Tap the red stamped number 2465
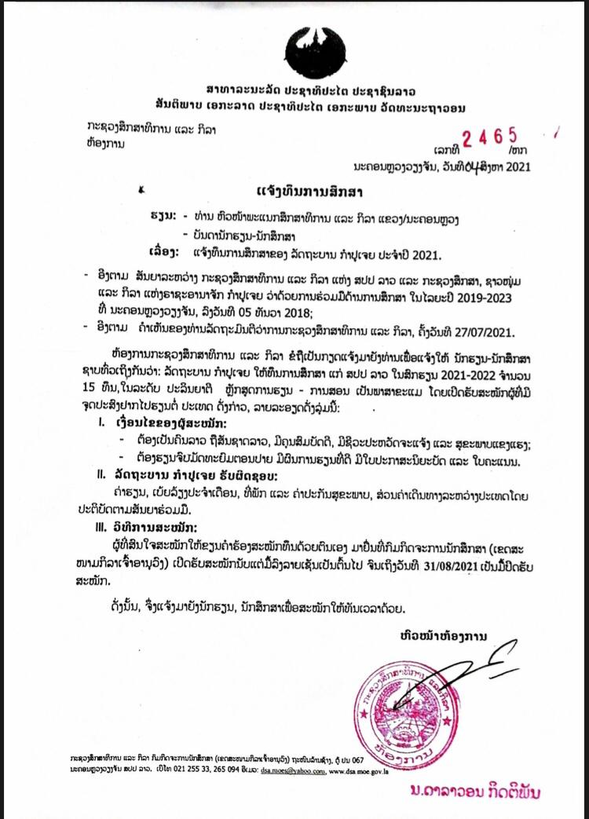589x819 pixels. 488,139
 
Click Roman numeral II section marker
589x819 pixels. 101,476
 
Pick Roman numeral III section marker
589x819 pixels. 101,526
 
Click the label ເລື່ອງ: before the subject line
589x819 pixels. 165,253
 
